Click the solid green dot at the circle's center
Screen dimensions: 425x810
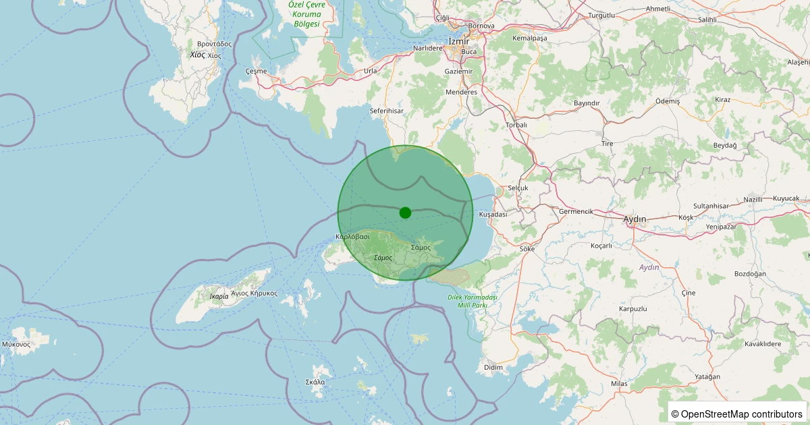click(x=405, y=213)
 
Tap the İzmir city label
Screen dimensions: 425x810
click(x=458, y=41)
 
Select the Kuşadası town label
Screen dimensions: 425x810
click(x=493, y=214)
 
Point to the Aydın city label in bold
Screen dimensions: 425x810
click(x=634, y=219)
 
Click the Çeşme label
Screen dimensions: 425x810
click(x=256, y=71)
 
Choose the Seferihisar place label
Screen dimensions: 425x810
click(x=387, y=110)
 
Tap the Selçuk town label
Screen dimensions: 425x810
click(x=518, y=188)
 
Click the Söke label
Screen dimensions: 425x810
click(x=527, y=248)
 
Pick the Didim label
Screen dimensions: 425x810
click(x=494, y=367)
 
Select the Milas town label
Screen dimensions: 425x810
click(x=619, y=383)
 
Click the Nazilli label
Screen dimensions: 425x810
click(x=753, y=199)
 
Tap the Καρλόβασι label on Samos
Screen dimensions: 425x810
click(x=352, y=237)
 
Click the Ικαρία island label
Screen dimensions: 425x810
click(x=219, y=296)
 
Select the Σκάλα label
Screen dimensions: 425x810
click(x=315, y=382)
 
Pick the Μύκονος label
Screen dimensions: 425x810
click(x=16, y=344)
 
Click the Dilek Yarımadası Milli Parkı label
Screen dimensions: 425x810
click(x=473, y=301)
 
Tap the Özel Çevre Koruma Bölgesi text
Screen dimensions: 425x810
click(x=306, y=13)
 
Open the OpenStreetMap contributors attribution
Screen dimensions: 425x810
click(x=738, y=414)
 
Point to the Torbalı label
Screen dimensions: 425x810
click(x=516, y=125)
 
